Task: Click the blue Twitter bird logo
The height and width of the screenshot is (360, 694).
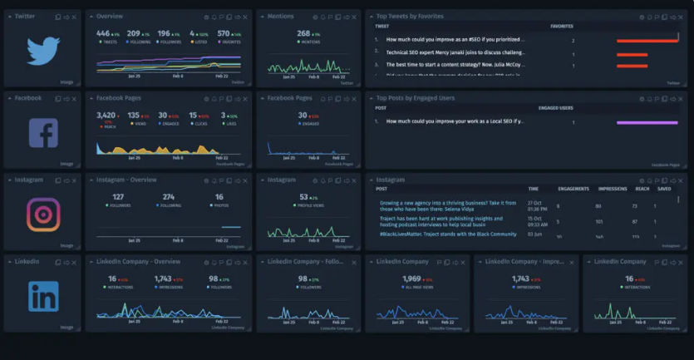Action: [43, 51]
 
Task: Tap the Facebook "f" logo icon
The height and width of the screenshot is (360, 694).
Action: [43, 133]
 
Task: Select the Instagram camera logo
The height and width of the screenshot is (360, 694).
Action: [43, 215]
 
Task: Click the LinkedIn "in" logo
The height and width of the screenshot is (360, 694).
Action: [43, 297]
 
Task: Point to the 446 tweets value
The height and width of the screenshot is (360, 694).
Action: [103, 33]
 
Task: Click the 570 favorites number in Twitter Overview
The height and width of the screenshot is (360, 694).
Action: [224, 33]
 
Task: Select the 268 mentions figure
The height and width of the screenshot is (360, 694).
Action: [303, 33]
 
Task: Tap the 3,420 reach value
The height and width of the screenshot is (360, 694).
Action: [106, 116]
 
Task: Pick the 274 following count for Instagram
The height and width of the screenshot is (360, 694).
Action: [170, 197]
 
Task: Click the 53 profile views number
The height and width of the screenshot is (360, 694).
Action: [303, 197]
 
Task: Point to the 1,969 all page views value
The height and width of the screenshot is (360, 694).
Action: [411, 279]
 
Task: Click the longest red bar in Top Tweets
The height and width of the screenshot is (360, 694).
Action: [647, 40]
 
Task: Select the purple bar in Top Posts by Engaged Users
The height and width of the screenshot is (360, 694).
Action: [647, 122]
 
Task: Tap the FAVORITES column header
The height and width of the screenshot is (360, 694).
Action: [562, 27]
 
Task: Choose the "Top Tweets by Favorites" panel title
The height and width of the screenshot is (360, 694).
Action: [410, 16]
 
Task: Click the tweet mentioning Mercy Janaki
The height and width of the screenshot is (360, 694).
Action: [455, 52]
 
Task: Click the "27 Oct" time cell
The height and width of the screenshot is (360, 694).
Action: [533, 202]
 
